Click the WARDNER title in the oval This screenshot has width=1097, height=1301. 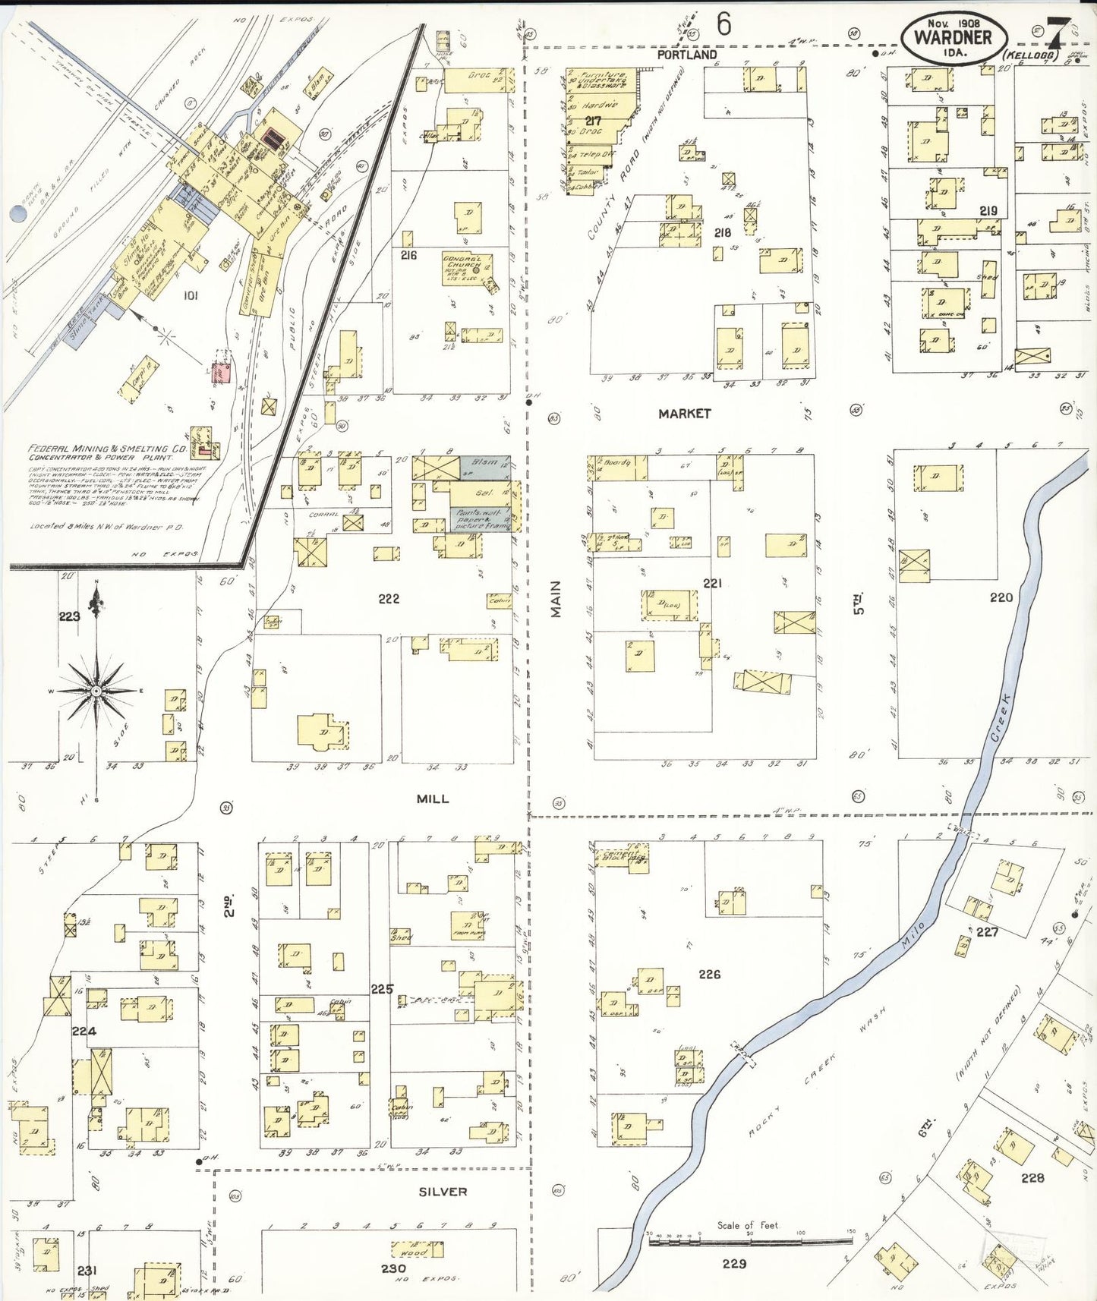(953, 37)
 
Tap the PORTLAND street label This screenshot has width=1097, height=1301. (686, 55)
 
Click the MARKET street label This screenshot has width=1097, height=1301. (684, 414)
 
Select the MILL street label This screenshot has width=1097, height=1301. (432, 799)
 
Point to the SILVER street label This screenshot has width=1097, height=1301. (443, 1192)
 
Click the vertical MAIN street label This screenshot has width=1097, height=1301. (556, 599)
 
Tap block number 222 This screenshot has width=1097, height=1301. (389, 599)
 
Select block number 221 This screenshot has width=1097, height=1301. (712, 583)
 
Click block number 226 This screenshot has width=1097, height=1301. (709, 974)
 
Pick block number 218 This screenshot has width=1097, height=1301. (722, 233)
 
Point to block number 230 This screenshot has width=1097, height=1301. (393, 1268)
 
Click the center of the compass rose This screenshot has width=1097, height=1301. (97, 691)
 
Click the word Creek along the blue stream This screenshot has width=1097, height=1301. (1000, 717)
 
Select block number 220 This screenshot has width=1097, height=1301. (1001, 597)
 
